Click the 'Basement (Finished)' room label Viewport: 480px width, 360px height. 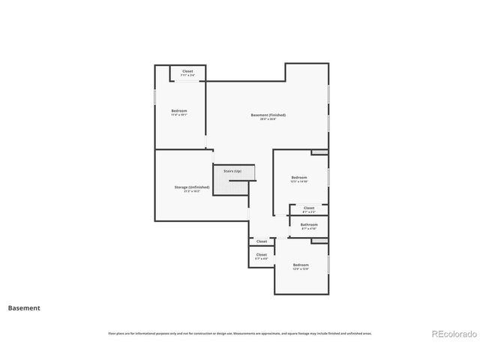pos(268,115)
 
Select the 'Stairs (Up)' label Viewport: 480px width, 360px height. pos(232,171)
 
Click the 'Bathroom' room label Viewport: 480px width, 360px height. pos(309,224)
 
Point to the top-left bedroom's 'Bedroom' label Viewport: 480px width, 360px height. pos(179,111)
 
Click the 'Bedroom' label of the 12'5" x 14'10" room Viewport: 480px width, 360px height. pos(299,178)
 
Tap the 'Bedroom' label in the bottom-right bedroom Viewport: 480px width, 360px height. pos(301,265)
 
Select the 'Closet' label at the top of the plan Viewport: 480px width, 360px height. pos(187,71)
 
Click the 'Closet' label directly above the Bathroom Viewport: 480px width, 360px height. pos(309,208)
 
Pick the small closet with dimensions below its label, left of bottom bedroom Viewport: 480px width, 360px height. pos(261,256)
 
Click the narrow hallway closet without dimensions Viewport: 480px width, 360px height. pos(262,241)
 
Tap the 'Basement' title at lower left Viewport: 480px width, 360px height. pos(24,307)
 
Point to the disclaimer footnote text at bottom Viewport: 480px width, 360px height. pos(240,333)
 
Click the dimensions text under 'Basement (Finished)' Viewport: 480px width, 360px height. pos(268,119)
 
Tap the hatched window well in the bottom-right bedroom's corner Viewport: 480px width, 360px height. pos(319,241)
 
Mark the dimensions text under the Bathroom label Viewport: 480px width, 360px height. pos(309,229)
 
